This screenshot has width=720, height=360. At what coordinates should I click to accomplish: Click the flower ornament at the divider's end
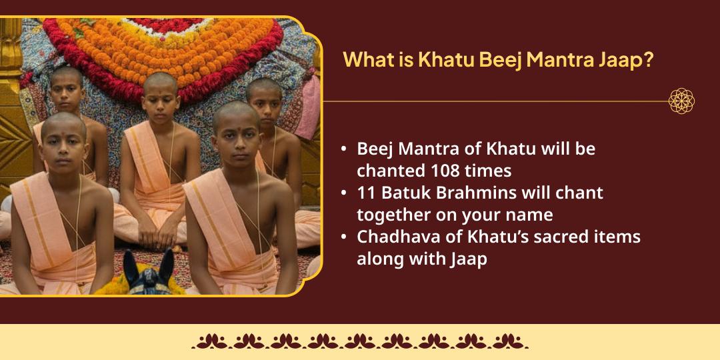click(681, 101)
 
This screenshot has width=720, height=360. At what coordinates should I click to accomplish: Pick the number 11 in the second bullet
click(365, 193)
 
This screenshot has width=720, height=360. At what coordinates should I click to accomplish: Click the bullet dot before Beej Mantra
click(343, 149)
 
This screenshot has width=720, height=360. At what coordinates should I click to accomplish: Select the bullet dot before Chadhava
click(343, 237)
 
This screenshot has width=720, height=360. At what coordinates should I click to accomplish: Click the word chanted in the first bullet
click(391, 171)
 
